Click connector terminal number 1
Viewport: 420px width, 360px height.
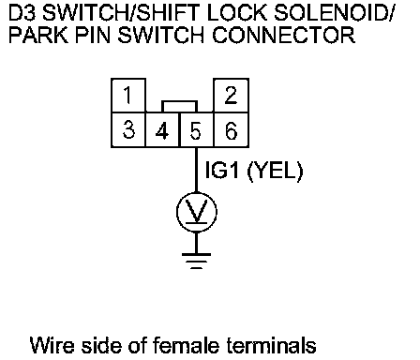[128, 96]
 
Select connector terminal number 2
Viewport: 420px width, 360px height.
[231, 96]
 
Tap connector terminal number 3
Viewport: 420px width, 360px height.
[128, 129]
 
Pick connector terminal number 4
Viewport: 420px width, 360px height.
[162, 129]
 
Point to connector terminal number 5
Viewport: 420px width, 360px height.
[197, 129]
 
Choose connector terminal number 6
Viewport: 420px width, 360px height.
[231, 129]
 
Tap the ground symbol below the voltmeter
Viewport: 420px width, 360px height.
[197, 261]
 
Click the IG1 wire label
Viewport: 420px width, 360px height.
[222, 171]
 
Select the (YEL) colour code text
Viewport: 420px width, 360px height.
[275, 172]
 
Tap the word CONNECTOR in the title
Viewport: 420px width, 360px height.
[284, 35]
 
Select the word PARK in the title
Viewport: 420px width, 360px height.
[38, 35]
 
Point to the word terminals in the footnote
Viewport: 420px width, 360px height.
[271, 345]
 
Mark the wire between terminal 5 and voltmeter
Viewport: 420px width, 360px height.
[197, 170]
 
